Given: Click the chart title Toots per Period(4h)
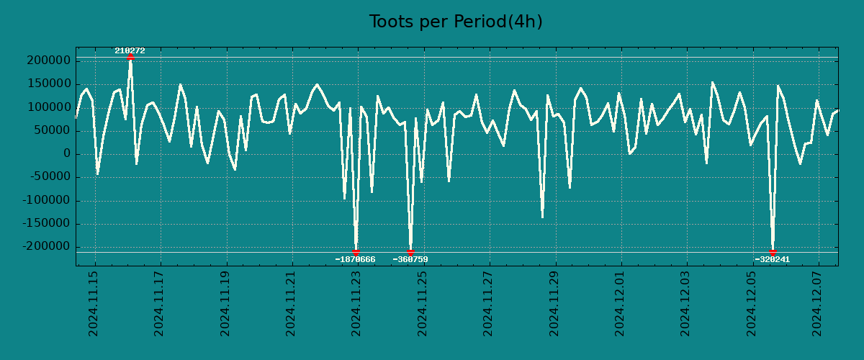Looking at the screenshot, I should [x=456, y=22].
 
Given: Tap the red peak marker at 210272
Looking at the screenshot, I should [x=130, y=56].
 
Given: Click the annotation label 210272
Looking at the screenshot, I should [x=130, y=50].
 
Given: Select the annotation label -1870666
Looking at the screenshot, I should [x=355, y=259].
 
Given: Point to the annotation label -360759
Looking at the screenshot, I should [x=410, y=259].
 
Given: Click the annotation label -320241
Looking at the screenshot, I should [x=773, y=259].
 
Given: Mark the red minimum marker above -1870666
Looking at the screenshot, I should [x=356, y=252].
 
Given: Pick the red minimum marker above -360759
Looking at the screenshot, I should [x=410, y=252].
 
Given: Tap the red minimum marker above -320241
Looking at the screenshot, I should [x=773, y=252].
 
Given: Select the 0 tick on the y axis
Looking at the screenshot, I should [x=66, y=154].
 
